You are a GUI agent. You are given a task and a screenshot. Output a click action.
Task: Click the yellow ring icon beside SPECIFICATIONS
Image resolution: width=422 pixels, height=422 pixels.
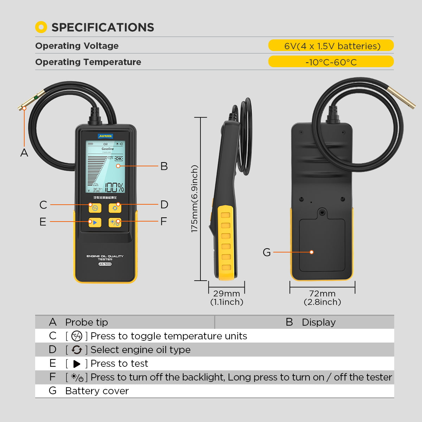pos(41,27)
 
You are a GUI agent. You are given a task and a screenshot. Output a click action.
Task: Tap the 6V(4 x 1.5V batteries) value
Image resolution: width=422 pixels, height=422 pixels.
pos(331,46)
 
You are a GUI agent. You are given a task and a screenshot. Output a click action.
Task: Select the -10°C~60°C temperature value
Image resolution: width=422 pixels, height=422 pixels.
pos(331,62)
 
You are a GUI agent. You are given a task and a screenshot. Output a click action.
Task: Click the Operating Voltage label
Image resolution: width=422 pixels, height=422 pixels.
pos(77,46)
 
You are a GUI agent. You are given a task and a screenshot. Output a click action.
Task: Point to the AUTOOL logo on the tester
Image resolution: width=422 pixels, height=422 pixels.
pos(105,136)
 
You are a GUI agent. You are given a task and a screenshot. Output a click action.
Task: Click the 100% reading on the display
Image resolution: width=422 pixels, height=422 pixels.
pos(114,187)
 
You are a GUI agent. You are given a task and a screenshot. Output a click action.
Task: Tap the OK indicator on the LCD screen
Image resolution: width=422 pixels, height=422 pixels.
pos(119,159)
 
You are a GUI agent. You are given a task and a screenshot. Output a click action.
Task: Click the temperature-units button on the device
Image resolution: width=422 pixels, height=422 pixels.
pos(95,208)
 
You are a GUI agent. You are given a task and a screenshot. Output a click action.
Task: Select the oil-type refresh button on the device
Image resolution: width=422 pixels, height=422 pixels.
pos(115,208)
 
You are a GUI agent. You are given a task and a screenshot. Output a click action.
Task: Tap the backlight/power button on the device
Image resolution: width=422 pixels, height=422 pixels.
pos(115,222)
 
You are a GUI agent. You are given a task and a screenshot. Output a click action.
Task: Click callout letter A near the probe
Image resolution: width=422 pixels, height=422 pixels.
pos(24,153)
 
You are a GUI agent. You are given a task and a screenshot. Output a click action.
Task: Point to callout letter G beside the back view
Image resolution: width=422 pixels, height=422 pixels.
pos(267,252)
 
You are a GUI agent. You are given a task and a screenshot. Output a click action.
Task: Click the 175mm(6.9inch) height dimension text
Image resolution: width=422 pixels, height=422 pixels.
pos(194,199)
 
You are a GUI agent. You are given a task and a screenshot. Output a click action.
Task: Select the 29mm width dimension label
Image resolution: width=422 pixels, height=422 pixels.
pos(226,294)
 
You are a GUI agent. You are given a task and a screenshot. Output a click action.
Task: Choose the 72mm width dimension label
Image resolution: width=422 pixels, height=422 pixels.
pos(322,294)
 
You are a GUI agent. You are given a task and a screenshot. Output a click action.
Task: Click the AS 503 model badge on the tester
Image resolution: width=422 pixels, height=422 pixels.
pos(105,264)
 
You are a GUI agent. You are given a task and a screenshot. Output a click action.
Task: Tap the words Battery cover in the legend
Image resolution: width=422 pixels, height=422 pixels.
pos(97,391)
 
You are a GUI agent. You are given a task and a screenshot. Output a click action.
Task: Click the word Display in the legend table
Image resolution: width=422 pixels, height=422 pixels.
pos(319,322)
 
